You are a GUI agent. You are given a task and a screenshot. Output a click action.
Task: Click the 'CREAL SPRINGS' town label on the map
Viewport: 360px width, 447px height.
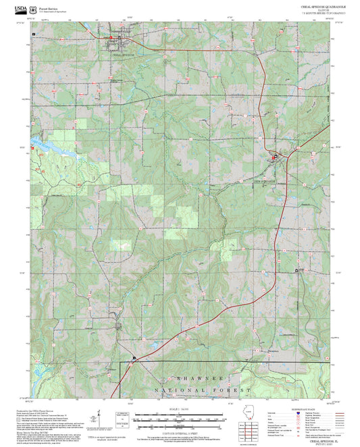[124, 55]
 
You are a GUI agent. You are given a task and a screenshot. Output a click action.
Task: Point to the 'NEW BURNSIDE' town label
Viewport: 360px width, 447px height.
[265, 182]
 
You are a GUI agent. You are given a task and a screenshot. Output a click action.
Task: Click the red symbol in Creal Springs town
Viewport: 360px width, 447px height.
[111, 37]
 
